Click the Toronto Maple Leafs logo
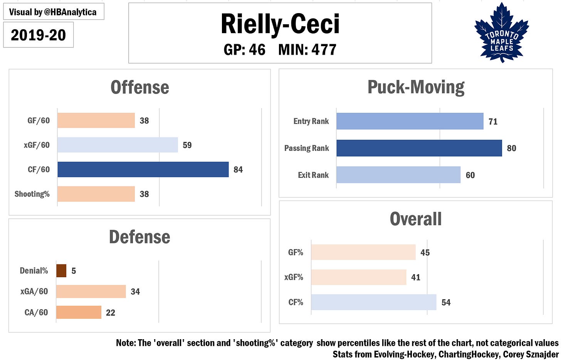(502, 33)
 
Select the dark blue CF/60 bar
(143, 169)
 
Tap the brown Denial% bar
(61, 271)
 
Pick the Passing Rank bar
(419, 148)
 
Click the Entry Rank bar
(410, 121)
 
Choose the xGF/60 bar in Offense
(118, 145)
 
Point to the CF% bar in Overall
(373, 302)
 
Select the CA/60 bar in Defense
(79, 312)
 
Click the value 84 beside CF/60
(238, 170)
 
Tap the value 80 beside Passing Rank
(511, 148)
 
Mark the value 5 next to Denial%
(74, 271)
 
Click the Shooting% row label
(32, 194)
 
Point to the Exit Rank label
(313, 175)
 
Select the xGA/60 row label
(34, 291)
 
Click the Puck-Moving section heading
(416, 87)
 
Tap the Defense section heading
(139, 237)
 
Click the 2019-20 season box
(38, 35)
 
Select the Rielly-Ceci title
(280, 24)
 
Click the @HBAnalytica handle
(70, 12)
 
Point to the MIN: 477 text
(307, 50)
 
